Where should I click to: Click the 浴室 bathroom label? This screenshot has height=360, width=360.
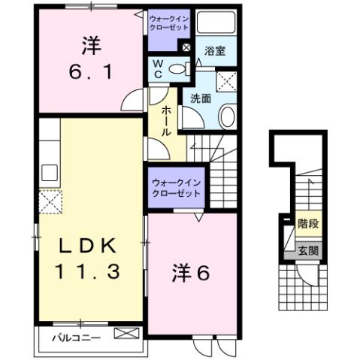(215, 51)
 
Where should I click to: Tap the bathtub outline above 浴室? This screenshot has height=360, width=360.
(216, 25)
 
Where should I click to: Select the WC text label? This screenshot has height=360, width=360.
(159, 69)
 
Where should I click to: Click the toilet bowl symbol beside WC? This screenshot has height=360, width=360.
(178, 70)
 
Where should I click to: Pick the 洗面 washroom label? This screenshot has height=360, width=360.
(200, 98)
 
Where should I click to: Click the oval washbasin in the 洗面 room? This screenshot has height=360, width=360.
(227, 115)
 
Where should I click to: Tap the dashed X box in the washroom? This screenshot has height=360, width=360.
(226, 79)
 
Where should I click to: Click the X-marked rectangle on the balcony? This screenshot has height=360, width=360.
(125, 331)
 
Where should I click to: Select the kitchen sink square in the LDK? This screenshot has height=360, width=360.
(50, 171)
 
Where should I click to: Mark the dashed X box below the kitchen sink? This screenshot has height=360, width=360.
(50, 201)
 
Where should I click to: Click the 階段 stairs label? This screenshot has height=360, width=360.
(307, 223)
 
